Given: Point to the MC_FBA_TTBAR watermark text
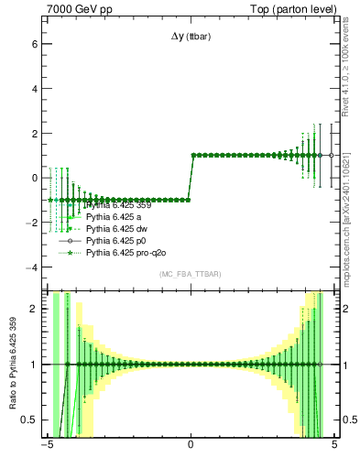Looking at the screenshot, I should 191,274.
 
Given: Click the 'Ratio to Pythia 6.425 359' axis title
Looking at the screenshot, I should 12,366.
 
